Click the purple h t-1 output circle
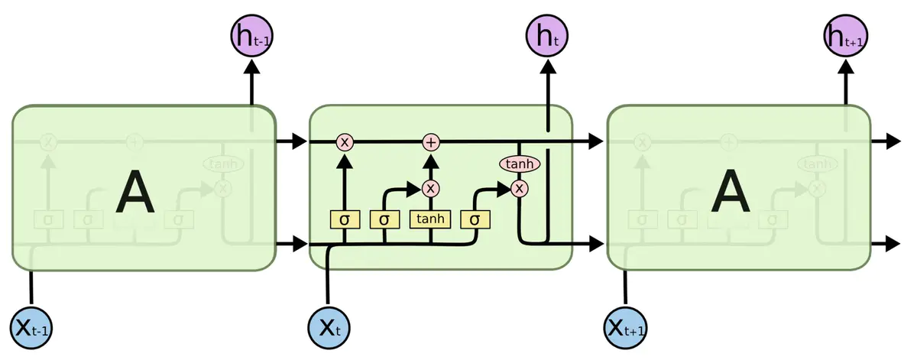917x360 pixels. click(x=251, y=35)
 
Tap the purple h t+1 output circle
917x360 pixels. click(x=845, y=35)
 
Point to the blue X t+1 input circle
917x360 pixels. click(x=626, y=328)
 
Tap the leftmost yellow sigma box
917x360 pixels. click(x=345, y=219)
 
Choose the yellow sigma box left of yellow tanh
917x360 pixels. click(x=384, y=219)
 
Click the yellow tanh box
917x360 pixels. click(x=431, y=219)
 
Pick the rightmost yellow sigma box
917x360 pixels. click(x=475, y=219)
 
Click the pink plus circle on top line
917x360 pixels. click(x=431, y=142)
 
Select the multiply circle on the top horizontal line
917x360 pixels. click(x=345, y=142)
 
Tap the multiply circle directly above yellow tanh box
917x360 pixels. click(x=431, y=188)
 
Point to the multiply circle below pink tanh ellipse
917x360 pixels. click(x=520, y=188)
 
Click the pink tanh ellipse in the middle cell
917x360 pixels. click(x=520, y=164)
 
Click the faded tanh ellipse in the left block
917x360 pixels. click(x=222, y=164)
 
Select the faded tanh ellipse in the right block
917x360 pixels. click(x=817, y=164)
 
